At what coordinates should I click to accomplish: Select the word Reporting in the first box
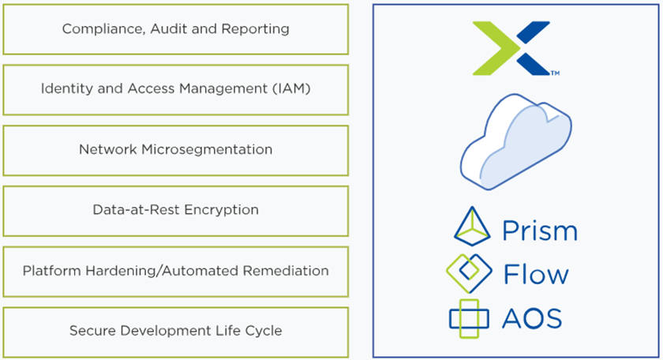point(257,29)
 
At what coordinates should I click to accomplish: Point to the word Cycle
point(264,331)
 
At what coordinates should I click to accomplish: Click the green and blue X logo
point(511,47)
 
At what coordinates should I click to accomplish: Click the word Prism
point(540,231)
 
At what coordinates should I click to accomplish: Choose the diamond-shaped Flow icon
point(470,272)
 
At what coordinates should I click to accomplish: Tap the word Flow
point(536,275)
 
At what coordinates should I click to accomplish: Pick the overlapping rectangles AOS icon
point(469,317)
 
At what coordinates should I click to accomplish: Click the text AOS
point(532,318)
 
